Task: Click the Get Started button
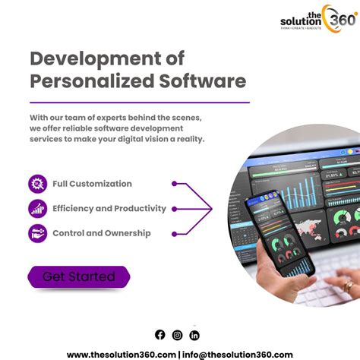click(x=78, y=276)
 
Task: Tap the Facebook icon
click(x=159, y=335)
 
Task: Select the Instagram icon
click(x=177, y=335)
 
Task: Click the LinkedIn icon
click(x=195, y=335)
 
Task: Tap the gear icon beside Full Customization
click(x=38, y=184)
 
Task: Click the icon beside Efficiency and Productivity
click(x=38, y=209)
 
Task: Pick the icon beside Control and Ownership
click(x=38, y=234)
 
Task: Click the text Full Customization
click(x=92, y=184)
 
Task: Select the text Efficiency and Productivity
click(x=109, y=209)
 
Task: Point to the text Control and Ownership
click(x=101, y=234)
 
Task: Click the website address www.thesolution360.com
click(x=121, y=354)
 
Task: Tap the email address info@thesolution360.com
click(x=238, y=354)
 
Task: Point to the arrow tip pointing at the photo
click(x=212, y=207)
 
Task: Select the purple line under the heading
click(x=140, y=102)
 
